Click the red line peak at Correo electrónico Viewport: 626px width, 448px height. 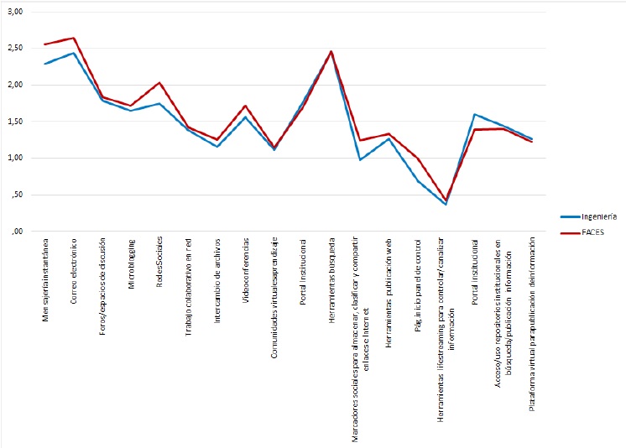tap(74, 38)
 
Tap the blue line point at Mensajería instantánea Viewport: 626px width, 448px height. tap(44, 64)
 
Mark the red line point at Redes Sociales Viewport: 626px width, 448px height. tap(159, 82)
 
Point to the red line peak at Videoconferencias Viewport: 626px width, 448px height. tap(245, 106)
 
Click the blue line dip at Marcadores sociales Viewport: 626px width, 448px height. tap(360, 159)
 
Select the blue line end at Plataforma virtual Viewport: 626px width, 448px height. tap(531, 138)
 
